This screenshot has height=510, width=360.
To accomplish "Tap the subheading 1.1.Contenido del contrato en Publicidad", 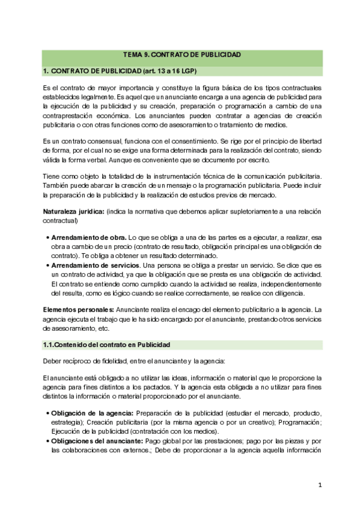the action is tap(107, 345).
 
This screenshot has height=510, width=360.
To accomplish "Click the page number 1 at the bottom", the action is tap(321, 484).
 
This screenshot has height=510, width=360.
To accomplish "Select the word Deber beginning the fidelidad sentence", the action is tap(53, 361).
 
